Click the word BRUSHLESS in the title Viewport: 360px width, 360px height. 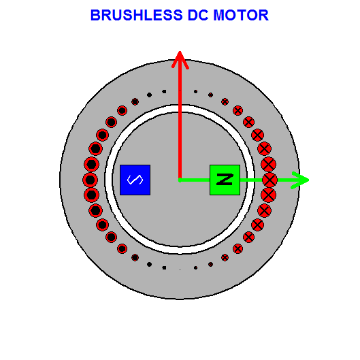coord(137,15)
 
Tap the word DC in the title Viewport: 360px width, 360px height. coord(198,15)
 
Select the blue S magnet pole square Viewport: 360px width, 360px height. coord(135,180)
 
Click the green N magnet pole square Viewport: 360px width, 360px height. coord(225,180)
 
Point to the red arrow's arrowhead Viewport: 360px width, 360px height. coord(180,59)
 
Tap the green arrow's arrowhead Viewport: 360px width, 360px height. coord(301,180)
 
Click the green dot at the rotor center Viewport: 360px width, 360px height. coord(180,180)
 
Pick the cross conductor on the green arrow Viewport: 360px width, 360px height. coord(269,180)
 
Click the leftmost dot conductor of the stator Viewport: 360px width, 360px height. coord(91,180)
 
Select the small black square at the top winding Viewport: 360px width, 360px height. coord(164,92)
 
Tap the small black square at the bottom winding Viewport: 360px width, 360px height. coord(164,267)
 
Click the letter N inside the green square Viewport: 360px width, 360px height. coord(225,180)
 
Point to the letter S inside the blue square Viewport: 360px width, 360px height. coord(135,180)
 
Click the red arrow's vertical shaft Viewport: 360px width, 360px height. coord(180,119)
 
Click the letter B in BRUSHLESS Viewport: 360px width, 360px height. coord(95,15)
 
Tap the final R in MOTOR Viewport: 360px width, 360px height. coord(263,15)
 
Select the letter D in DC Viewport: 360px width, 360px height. coord(193,15)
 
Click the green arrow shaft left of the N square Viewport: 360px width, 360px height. coord(195,180)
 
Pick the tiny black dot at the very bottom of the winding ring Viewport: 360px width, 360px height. coord(180,269)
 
